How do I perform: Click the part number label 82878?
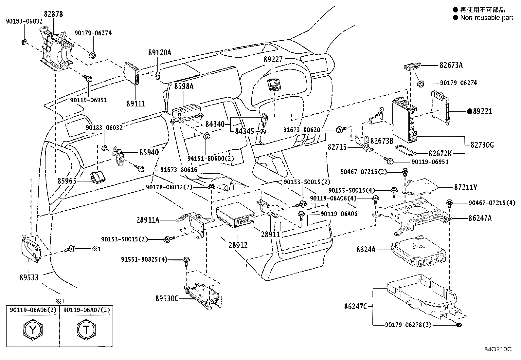tap(53, 14)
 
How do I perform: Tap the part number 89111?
tap(136, 104)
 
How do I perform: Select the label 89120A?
tap(159, 52)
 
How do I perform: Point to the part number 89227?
tap(273, 59)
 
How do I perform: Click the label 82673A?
tap(451, 65)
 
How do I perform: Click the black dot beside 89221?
tap(470, 112)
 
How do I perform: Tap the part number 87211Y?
tap(465, 187)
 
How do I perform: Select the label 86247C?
tap(356, 307)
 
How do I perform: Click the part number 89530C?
tap(167, 298)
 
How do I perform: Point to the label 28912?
tap(238, 245)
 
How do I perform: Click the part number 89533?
tap(29, 277)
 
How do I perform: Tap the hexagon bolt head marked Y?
tap(33, 330)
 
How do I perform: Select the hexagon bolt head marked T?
tap(86, 330)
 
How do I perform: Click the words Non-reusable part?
tap(487, 18)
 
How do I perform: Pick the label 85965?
tap(67, 181)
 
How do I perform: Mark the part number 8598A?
tap(184, 86)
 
